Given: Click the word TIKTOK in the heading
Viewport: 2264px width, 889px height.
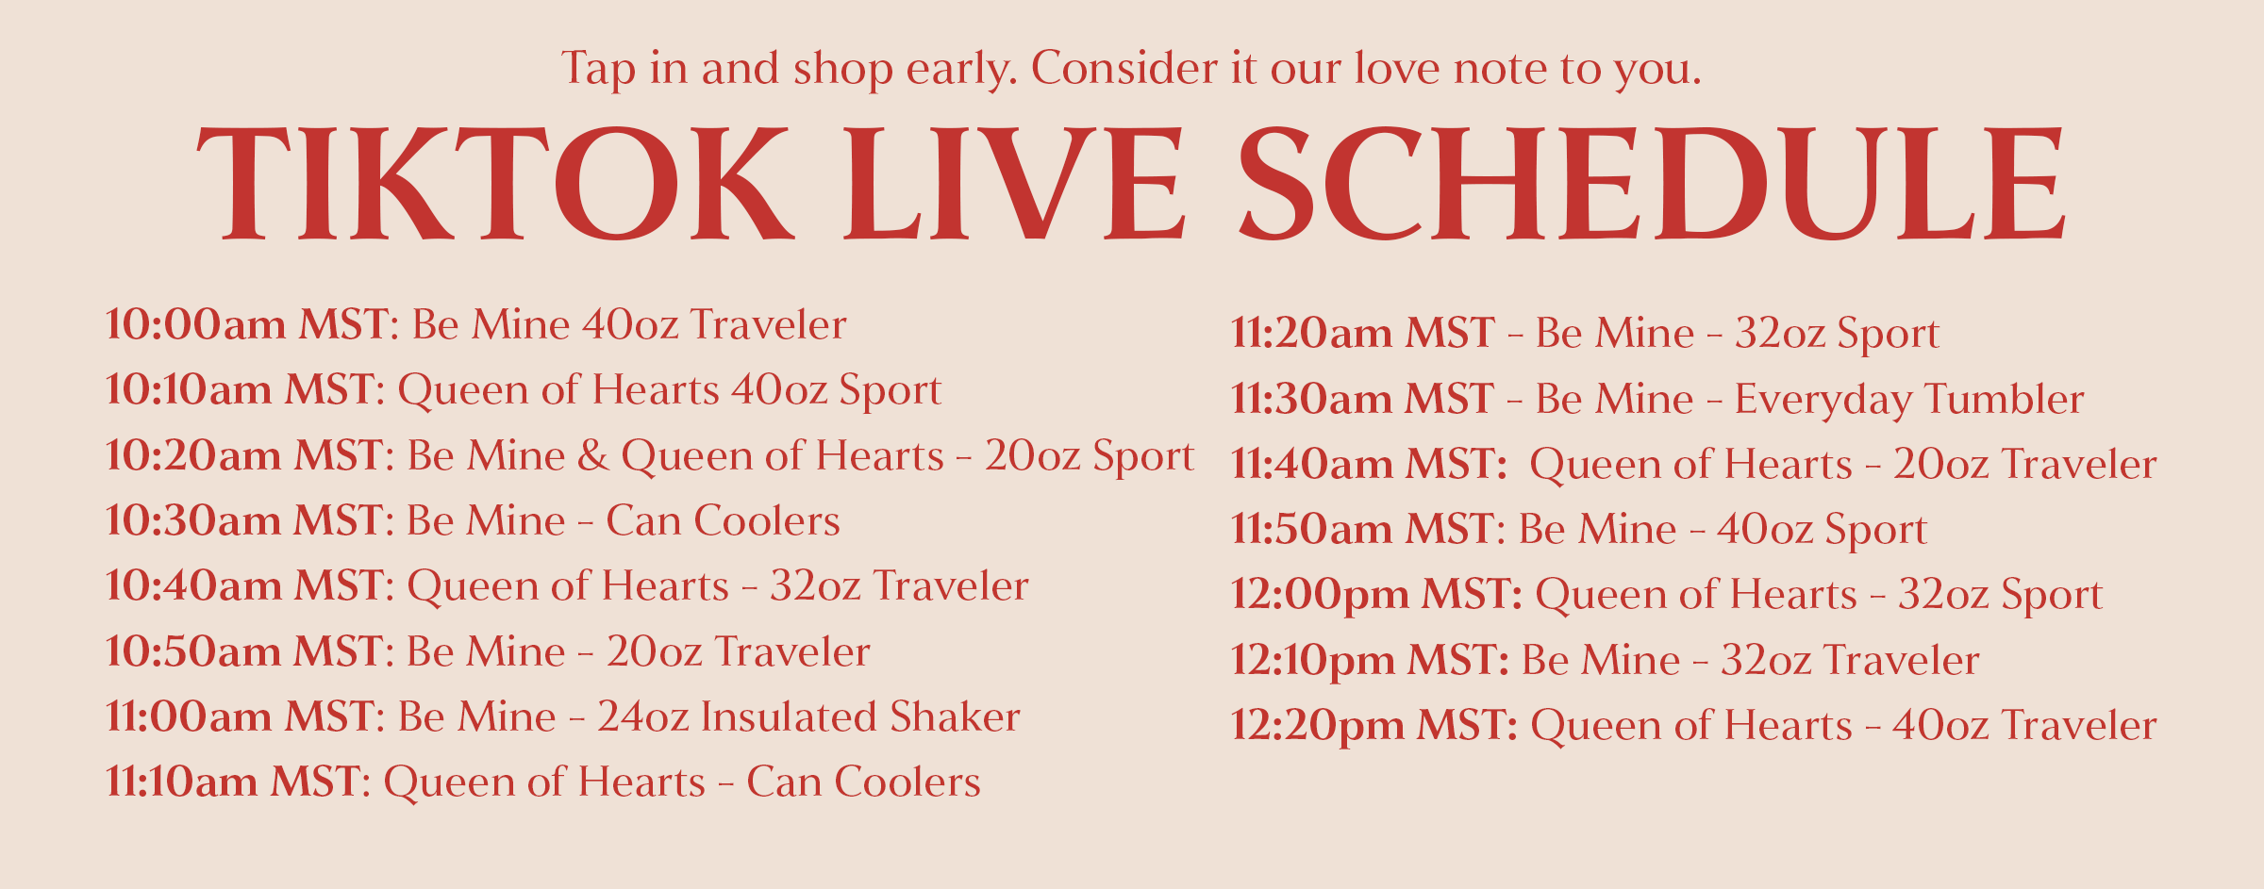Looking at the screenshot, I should coord(495,184).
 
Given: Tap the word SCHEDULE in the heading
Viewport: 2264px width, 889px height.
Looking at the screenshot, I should coord(1651,184).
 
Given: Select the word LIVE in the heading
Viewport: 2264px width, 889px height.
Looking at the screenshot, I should coord(1014,184).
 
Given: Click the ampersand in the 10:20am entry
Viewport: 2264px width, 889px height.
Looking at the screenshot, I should coord(592,456).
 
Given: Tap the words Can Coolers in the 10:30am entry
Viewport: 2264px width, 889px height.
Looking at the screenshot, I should coord(723,520).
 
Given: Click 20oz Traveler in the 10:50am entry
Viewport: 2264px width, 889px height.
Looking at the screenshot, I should coord(738,651).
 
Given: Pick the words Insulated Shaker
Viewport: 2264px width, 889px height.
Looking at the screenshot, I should coord(860,716).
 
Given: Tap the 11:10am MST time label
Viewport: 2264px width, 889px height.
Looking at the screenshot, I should coord(237,782).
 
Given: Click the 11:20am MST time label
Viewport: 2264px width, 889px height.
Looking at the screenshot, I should coord(1362,333).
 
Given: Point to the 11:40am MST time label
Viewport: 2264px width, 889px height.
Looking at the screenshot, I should coord(1368,464).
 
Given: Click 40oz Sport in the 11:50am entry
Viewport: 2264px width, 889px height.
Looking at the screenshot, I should coord(1822,529).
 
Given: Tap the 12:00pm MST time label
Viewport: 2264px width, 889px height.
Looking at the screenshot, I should coord(1376,594).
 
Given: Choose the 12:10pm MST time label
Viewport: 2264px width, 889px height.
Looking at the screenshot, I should coord(1370,660).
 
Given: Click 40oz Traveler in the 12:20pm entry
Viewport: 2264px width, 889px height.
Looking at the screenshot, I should coord(2024,725).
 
